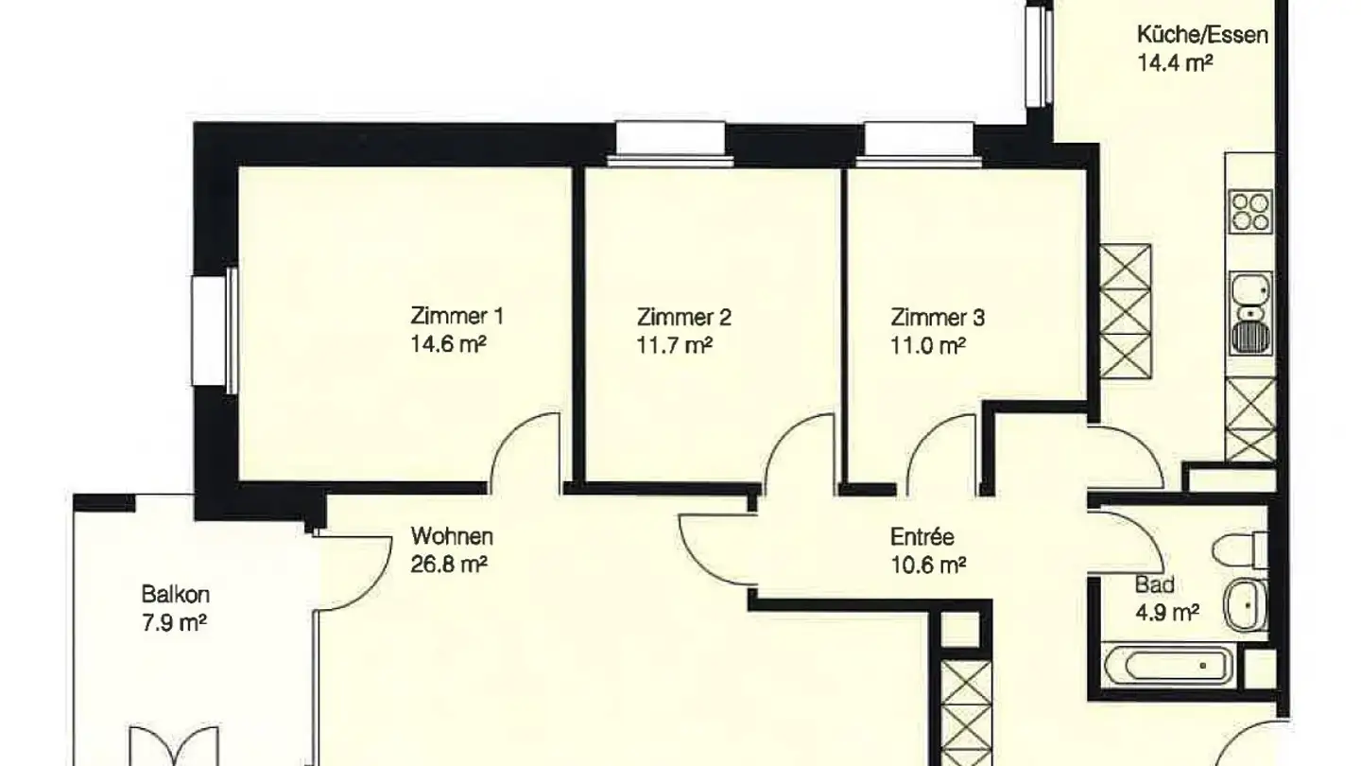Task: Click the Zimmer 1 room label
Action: click(449, 317)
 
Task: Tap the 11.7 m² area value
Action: click(675, 346)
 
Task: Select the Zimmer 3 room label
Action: click(938, 317)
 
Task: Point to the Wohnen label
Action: click(451, 537)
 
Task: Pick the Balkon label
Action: click(175, 595)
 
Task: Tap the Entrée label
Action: click(922, 537)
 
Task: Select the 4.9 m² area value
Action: click(1166, 613)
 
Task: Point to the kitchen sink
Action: click(1250, 312)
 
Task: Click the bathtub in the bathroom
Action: click(1168, 665)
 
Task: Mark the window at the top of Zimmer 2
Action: click(670, 143)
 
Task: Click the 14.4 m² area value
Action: click(1174, 64)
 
